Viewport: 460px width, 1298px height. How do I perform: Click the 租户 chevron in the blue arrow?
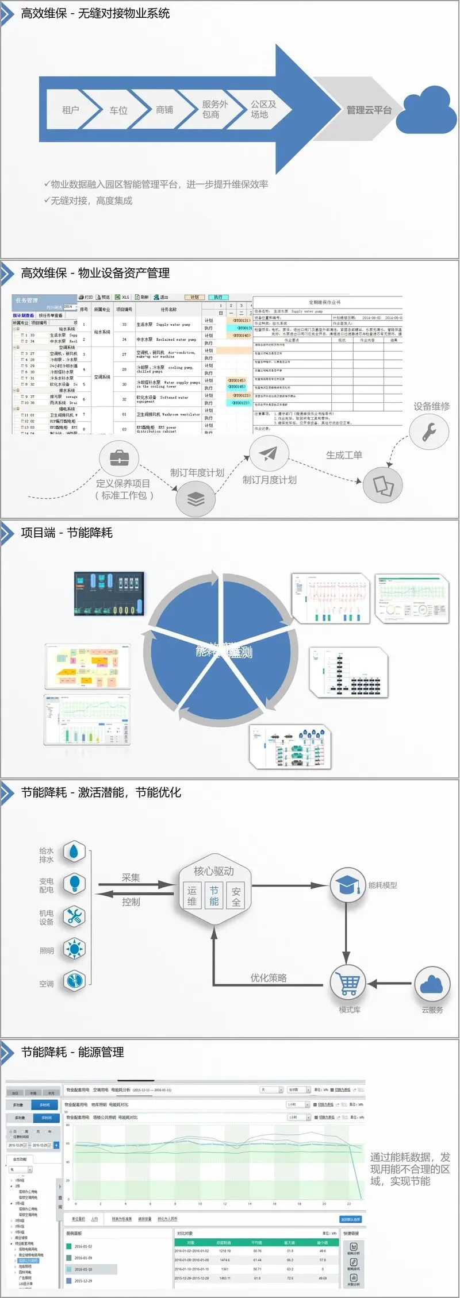(70, 110)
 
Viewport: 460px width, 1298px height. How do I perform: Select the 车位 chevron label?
(118, 110)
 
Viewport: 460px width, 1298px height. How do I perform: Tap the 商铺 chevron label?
(164, 110)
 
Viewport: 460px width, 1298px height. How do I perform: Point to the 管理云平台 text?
(369, 110)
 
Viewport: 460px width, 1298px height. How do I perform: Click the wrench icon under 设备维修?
(429, 432)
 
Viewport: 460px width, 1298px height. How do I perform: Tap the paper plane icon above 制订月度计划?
(268, 454)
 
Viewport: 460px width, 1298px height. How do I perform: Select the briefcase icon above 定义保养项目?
(119, 458)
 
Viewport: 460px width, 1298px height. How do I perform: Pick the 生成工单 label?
(344, 455)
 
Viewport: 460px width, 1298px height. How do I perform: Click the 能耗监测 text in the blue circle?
(224, 652)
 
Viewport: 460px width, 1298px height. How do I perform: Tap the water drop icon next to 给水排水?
(74, 853)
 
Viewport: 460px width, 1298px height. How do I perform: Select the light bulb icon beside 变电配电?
(74, 883)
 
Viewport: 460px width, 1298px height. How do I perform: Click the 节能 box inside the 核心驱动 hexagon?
(214, 896)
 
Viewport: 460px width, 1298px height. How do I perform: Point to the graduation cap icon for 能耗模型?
(347, 885)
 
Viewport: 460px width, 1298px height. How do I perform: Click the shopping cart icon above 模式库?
(349, 983)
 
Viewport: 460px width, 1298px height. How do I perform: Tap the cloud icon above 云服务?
(431, 984)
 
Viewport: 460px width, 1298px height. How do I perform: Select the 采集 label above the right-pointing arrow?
(131, 877)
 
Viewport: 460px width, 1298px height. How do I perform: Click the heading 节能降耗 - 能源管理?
(72, 1052)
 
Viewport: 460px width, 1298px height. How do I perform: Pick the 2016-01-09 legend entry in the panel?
(83, 1258)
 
